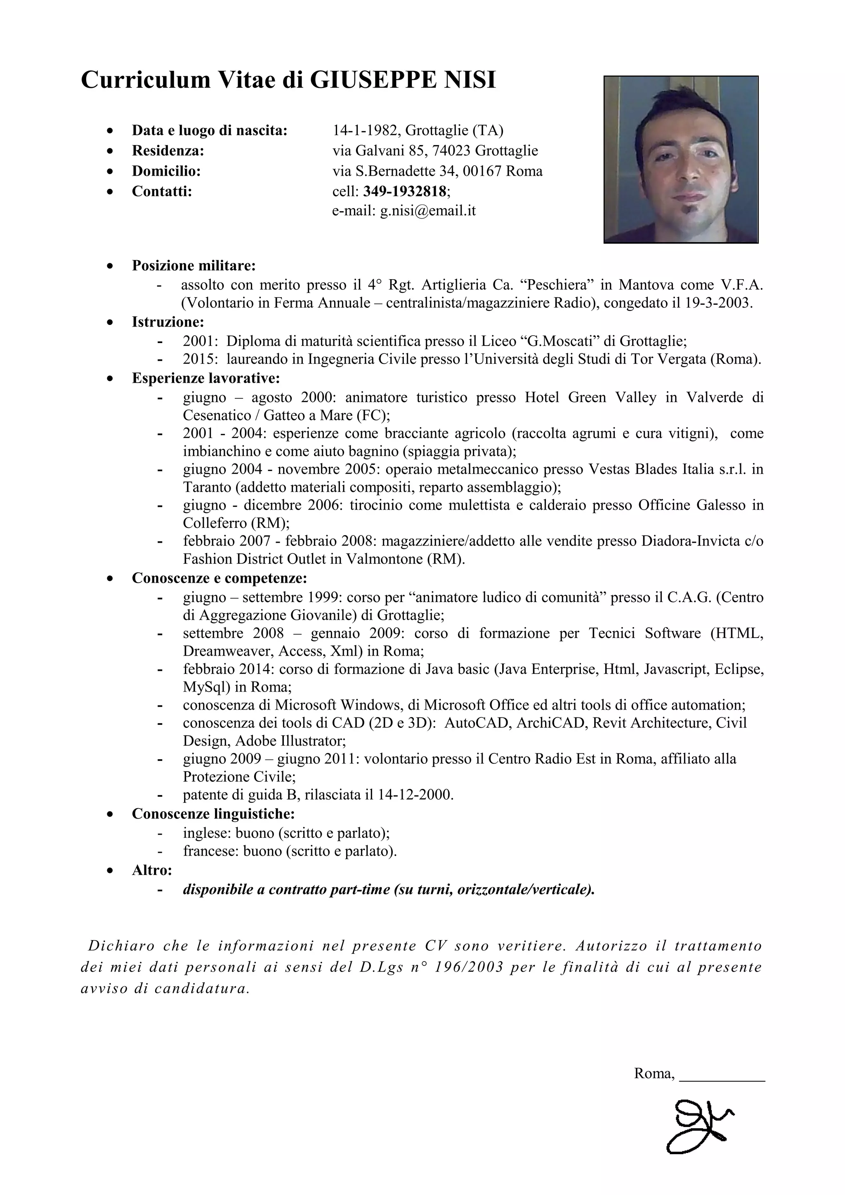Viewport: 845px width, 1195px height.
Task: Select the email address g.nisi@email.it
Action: (x=427, y=211)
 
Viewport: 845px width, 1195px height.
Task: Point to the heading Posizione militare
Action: (x=194, y=266)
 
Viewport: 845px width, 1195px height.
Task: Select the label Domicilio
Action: (x=166, y=171)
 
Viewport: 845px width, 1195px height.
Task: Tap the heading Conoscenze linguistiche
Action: (x=213, y=814)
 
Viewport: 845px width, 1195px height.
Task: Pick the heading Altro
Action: (x=151, y=870)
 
